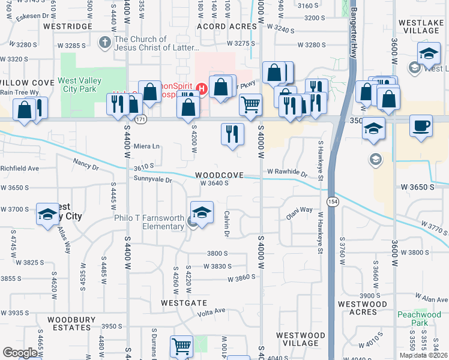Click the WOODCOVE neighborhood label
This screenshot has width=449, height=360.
point(219,175)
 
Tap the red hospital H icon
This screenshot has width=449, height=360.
point(202,90)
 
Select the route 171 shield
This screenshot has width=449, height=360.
point(140,120)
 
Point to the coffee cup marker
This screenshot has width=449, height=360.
point(421,127)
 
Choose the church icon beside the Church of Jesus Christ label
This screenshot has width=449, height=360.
point(104,43)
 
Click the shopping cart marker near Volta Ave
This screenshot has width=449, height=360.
point(181,346)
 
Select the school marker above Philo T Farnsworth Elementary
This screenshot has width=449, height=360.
point(202,212)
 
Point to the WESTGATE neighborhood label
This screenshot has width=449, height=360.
point(184,303)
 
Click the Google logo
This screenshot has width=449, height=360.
point(20,353)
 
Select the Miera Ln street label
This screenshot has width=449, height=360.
point(146,146)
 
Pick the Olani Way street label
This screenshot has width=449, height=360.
point(299,211)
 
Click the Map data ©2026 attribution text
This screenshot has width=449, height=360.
point(423,355)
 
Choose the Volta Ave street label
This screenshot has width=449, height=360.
point(211,310)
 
